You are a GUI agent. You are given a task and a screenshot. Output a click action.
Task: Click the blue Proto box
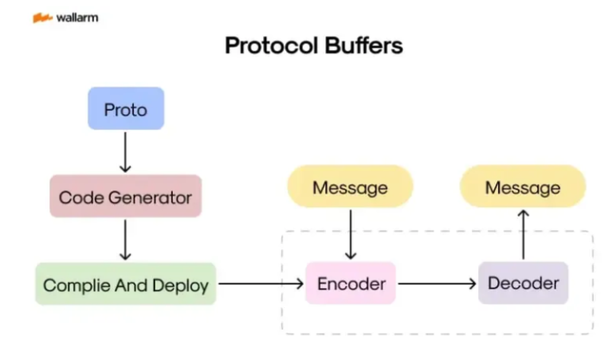[x=125, y=108]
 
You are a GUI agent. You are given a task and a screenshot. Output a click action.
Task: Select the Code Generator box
[x=125, y=196]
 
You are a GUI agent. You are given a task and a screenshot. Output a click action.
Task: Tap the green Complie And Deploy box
[x=125, y=284]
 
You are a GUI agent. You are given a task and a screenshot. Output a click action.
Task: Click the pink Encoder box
[x=351, y=283]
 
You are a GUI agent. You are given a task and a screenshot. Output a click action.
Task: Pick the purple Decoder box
[x=523, y=283]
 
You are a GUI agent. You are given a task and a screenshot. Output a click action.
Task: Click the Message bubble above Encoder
[x=350, y=187]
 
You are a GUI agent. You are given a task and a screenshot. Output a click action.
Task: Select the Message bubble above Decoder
[x=523, y=187]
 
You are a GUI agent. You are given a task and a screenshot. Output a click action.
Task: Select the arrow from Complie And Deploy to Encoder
[x=261, y=283]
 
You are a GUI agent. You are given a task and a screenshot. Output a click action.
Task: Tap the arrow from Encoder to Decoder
[x=437, y=283]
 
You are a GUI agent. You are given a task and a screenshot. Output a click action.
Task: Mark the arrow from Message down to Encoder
[x=350, y=233]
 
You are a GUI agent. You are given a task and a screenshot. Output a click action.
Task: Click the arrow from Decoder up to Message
[x=523, y=233]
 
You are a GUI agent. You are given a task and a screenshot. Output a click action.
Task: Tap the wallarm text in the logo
[x=77, y=18]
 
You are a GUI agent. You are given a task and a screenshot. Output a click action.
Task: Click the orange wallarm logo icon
[x=42, y=18]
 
